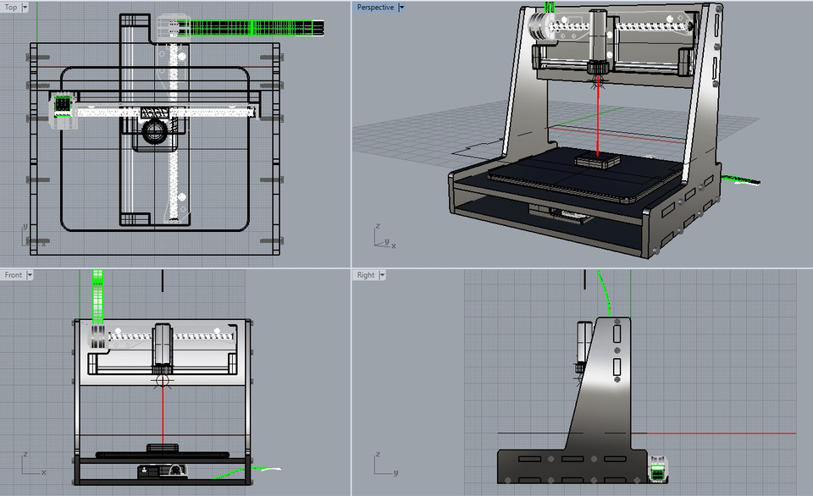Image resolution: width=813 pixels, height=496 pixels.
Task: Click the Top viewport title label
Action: [x=11, y=7]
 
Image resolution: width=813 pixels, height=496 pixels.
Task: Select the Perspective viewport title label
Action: [x=374, y=7]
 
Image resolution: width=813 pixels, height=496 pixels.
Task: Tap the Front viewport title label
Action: [x=13, y=275]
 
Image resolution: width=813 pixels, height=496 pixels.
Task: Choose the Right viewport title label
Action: [x=366, y=275]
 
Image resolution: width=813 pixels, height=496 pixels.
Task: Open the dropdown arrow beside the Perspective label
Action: [x=401, y=7]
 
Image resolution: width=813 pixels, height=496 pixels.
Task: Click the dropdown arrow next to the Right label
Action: [x=383, y=275]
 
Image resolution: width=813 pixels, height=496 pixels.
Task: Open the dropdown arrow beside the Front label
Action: [x=30, y=275]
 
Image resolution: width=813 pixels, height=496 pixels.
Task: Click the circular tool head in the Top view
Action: [x=156, y=130]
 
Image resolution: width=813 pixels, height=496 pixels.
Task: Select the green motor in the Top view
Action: [x=63, y=106]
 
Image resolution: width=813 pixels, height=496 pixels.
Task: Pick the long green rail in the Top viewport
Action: [x=254, y=28]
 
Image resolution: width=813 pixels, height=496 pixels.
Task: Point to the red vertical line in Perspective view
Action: [x=599, y=118]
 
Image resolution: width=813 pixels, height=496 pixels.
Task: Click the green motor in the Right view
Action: [x=658, y=467]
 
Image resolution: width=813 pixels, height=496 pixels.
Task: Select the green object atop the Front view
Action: [x=97, y=296]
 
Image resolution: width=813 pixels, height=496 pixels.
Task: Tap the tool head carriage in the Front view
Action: [x=162, y=347]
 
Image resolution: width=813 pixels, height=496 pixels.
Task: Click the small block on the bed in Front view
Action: [x=161, y=448]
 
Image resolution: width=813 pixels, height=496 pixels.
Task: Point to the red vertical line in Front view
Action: [x=162, y=415]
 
